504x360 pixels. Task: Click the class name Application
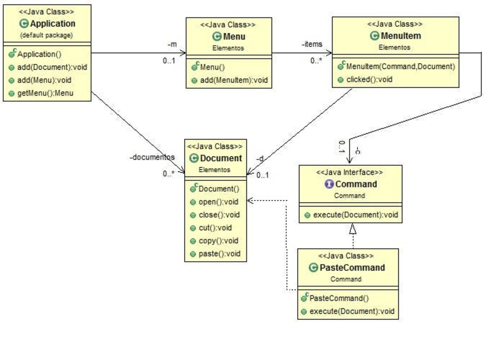pos(52,24)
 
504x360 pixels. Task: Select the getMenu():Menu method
pos(45,93)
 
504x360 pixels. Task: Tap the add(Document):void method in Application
pos(52,67)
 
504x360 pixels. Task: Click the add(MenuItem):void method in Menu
pos(234,80)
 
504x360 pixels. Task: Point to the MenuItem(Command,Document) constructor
pos(401,66)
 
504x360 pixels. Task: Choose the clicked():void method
pos(369,79)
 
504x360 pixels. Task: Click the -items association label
pos(312,44)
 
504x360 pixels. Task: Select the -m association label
pos(172,45)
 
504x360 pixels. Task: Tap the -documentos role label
pos(152,157)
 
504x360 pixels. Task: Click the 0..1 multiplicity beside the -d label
pos(262,175)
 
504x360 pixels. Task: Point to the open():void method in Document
pos(218,202)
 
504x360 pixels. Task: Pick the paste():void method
pos(220,254)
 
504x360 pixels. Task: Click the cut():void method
pos(215,228)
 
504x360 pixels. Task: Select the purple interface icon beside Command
pos(329,184)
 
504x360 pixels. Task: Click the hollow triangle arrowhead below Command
pos(352,229)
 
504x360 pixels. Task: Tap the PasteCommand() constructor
pos(339,298)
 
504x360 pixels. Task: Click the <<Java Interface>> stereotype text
pos(349,172)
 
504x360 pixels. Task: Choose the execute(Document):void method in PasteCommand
pos(352,311)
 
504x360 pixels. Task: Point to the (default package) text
pos(46,35)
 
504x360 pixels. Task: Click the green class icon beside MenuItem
pos(374,36)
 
